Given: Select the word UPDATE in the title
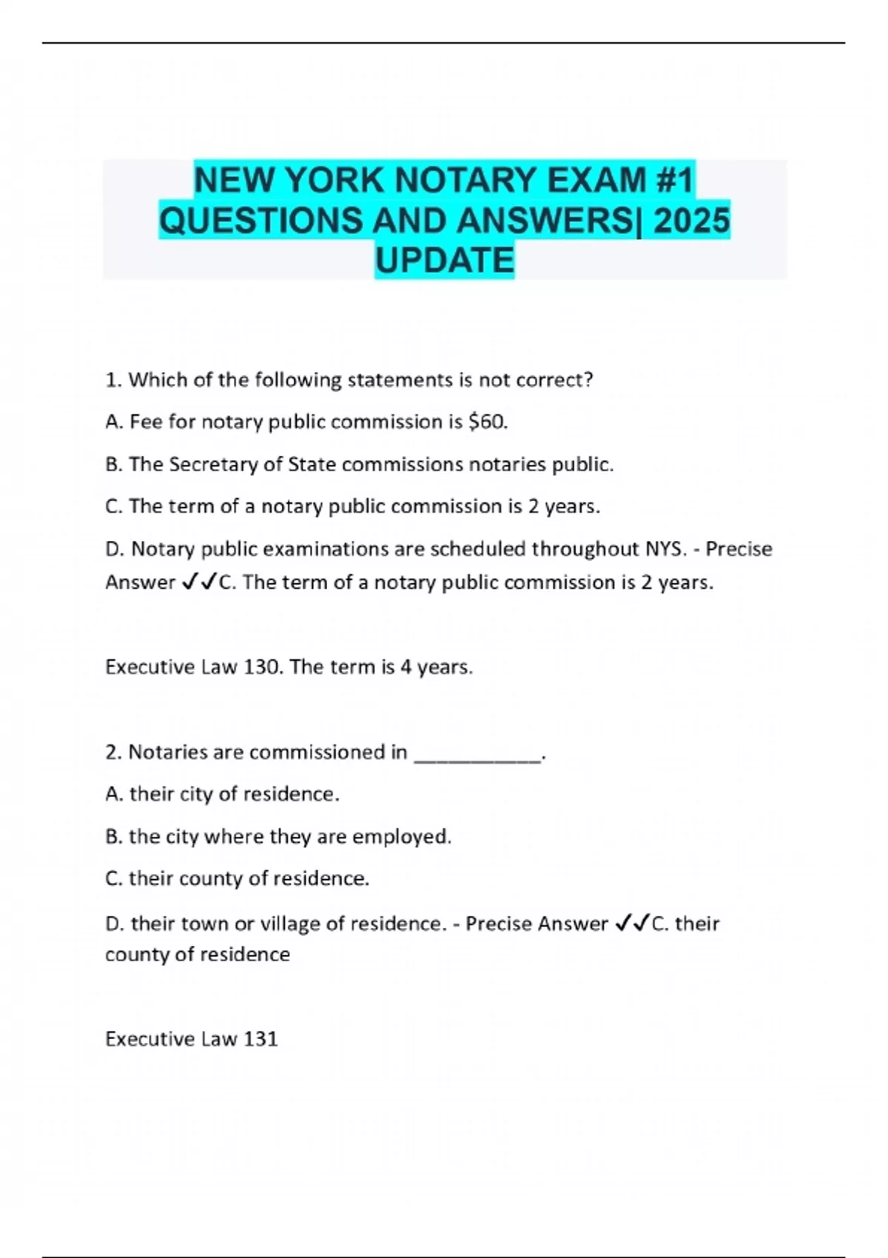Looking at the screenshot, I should [x=445, y=260].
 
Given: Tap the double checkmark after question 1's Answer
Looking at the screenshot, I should [x=198, y=582].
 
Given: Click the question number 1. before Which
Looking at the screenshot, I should [x=113, y=380].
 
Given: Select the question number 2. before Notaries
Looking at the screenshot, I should [x=113, y=753].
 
